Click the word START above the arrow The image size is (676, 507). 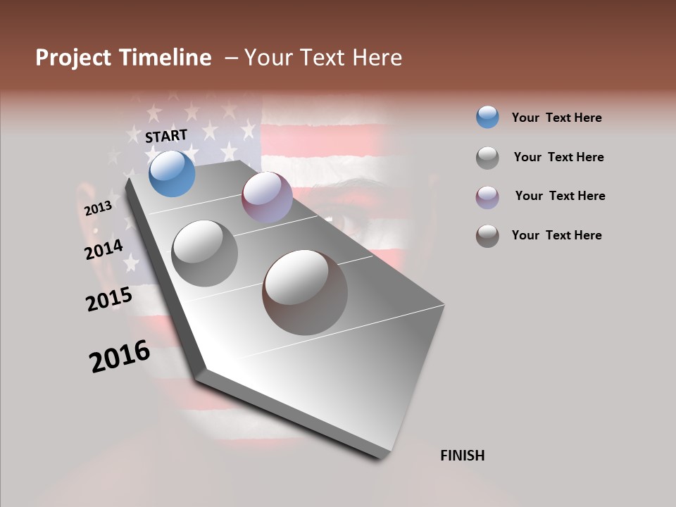click(x=166, y=136)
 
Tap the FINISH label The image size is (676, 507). click(x=462, y=456)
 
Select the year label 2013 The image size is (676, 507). click(x=98, y=208)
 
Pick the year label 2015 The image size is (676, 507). click(x=108, y=299)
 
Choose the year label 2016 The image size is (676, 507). click(x=120, y=356)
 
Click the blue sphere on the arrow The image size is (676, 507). click(x=172, y=173)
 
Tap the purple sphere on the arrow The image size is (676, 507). click(x=267, y=197)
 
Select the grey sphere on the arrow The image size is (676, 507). click(x=204, y=253)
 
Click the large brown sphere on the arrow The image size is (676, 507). click(x=305, y=292)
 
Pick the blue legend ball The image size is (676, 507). click(x=487, y=118)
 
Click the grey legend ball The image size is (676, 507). click(x=487, y=158)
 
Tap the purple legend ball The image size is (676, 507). click(x=487, y=196)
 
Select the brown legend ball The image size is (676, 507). click(x=487, y=236)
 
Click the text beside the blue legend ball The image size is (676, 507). click(x=556, y=118)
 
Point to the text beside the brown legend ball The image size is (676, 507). click(x=556, y=235)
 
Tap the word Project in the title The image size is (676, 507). click(x=73, y=58)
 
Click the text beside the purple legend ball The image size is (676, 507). click(x=560, y=196)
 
